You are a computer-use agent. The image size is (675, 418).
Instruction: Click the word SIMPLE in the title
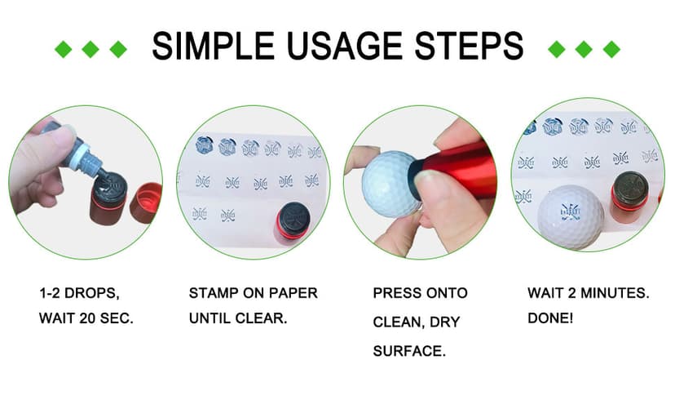(x=213, y=46)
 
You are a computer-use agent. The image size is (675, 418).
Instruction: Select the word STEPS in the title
(x=469, y=46)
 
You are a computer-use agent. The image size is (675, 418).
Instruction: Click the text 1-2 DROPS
(x=79, y=293)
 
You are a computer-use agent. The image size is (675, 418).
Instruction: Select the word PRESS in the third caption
(x=392, y=293)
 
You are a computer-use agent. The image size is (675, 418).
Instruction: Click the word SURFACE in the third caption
(x=409, y=351)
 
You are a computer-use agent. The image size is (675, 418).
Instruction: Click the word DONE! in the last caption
(x=550, y=318)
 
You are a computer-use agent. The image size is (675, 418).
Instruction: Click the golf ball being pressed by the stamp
(x=390, y=183)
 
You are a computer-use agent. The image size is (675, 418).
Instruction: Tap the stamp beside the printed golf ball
(x=630, y=197)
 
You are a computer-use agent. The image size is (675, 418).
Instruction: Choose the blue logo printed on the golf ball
(x=571, y=211)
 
